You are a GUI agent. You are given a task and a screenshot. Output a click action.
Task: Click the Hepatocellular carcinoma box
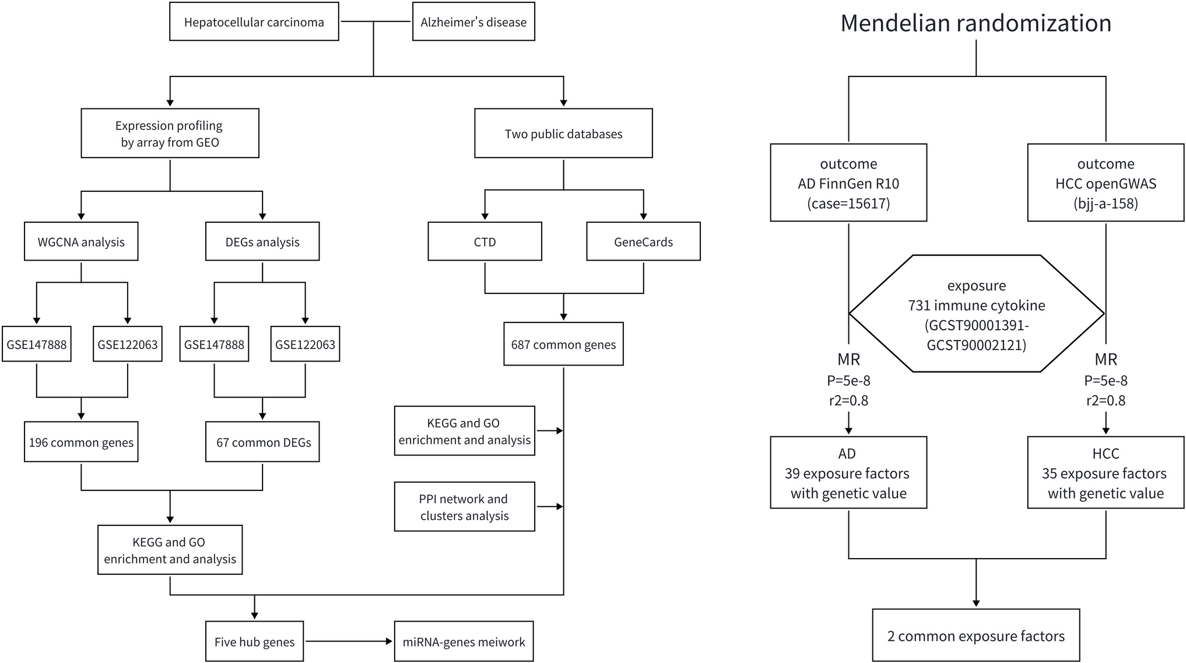tap(254, 22)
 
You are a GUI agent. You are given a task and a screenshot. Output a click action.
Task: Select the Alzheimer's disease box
tap(473, 22)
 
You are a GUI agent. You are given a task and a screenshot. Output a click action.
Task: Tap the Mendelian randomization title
tap(976, 23)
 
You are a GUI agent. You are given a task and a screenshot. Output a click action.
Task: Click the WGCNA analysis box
tap(81, 241)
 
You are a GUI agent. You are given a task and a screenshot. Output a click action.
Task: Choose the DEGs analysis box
tap(262, 241)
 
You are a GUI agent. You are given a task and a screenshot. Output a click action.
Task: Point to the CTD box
tap(485, 241)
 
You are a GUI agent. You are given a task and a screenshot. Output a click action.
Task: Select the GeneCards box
tap(643, 241)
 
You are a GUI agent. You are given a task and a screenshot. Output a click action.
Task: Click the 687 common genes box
tap(563, 344)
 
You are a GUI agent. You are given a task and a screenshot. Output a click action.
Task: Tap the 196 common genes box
tap(81, 442)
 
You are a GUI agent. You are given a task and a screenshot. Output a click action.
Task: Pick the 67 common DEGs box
tap(262, 442)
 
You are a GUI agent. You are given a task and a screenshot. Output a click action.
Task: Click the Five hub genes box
tap(254, 641)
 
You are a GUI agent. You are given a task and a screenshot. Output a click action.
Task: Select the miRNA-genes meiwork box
tap(464, 641)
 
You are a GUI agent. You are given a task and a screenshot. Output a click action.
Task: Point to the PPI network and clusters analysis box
tap(464, 507)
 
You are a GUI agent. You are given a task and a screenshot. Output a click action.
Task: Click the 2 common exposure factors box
tap(976, 636)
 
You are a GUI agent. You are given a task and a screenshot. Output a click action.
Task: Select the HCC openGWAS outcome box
tap(1105, 183)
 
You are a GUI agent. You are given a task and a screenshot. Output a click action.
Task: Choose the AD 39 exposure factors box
tap(848, 473)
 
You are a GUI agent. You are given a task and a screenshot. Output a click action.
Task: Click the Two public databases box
tap(563, 134)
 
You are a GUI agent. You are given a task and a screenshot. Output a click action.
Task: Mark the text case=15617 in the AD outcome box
tap(848, 204)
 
